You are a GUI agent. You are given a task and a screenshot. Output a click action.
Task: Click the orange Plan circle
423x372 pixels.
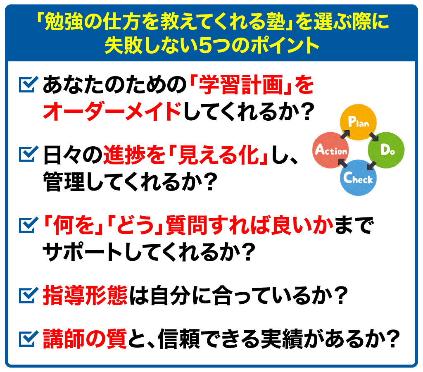pyautogui.click(x=358, y=122)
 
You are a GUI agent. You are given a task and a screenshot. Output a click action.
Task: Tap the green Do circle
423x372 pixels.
pyautogui.click(x=386, y=150)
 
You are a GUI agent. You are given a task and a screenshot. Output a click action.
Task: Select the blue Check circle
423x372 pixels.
pyautogui.click(x=358, y=177)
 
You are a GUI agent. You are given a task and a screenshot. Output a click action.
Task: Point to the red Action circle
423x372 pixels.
pyautogui.click(x=330, y=150)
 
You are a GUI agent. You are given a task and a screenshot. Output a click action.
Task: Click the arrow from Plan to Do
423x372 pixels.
pyautogui.click(x=373, y=136)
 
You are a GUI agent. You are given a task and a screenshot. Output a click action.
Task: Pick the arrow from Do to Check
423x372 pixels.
pyautogui.click(x=372, y=165)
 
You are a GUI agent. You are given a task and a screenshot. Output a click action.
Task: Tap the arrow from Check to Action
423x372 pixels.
pyautogui.click(x=343, y=163)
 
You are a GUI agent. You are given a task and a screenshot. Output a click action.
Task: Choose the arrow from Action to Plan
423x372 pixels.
pyautogui.click(x=345, y=134)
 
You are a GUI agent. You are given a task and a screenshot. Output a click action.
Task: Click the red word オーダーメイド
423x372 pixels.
pyautogui.click(x=112, y=111)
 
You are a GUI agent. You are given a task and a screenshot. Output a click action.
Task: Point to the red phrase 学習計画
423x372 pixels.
pyautogui.click(x=241, y=85)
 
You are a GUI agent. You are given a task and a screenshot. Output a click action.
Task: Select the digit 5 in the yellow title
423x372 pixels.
pyautogui.click(x=206, y=45)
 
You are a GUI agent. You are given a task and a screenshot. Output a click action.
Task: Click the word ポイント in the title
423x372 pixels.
pyautogui.click(x=285, y=45)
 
